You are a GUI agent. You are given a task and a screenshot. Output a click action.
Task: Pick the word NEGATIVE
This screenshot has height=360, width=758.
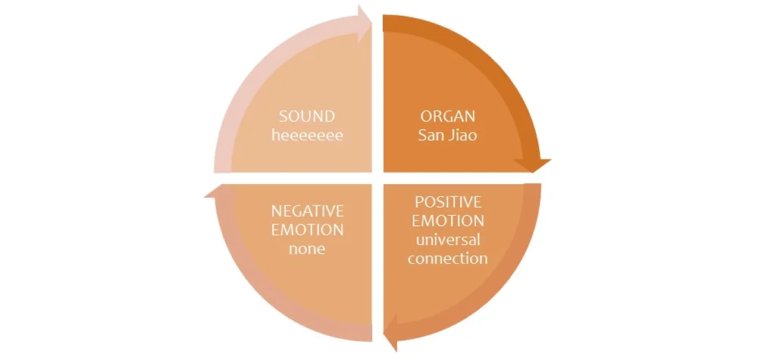(x=307, y=210)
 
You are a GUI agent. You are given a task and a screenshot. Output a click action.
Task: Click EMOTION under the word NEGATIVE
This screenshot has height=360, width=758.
(x=307, y=229)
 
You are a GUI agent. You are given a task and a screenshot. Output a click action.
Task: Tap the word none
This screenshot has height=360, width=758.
(x=307, y=248)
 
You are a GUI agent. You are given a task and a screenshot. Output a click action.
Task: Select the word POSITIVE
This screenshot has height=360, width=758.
(x=447, y=202)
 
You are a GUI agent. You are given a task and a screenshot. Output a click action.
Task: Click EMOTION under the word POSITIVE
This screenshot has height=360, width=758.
(x=447, y=221)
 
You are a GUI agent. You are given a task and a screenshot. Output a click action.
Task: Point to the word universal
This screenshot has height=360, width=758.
(x=447, y=239)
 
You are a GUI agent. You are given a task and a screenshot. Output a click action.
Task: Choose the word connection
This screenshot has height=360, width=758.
(x=447, y=258)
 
